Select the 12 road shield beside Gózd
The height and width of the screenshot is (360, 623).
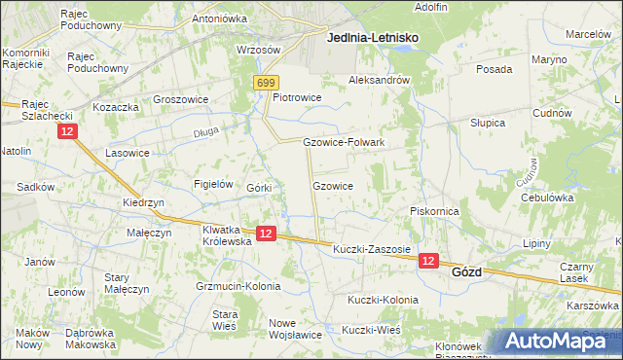point(429,261)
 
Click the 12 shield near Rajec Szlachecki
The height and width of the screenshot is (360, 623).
point(66,131)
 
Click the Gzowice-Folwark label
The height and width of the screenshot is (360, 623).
point(345,142)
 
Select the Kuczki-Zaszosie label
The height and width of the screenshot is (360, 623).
point(372,250)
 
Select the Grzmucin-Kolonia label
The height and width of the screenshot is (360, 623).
point(238,286)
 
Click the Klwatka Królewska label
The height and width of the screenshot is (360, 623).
point(226,236)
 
